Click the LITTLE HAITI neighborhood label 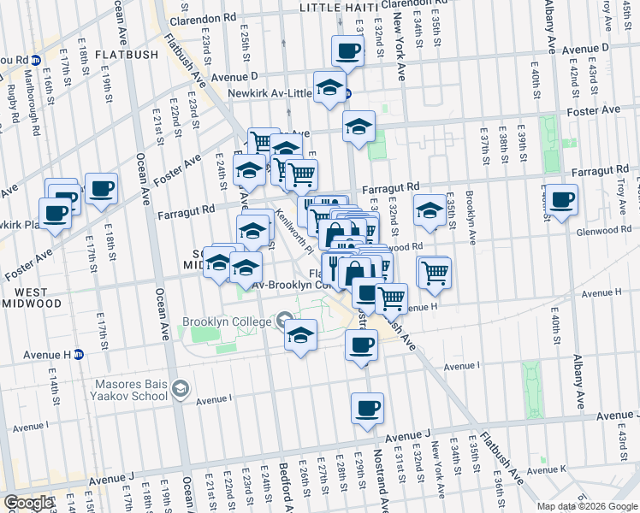tap(338, 8)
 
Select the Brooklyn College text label tap(226, 322)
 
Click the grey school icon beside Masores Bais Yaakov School tap(181, 390)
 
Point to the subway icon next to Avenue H tap(78, 354)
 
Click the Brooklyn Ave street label tap(470, 208)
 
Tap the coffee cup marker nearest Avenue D tap(347, 52)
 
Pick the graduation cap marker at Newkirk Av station tap(329, 87)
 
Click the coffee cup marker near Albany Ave tap(562, 200)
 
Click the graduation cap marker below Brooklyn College tap(301, 335)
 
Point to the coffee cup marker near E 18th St tap(101, 188)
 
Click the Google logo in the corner tap(28, 504)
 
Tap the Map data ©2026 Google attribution tap(587, 506)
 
